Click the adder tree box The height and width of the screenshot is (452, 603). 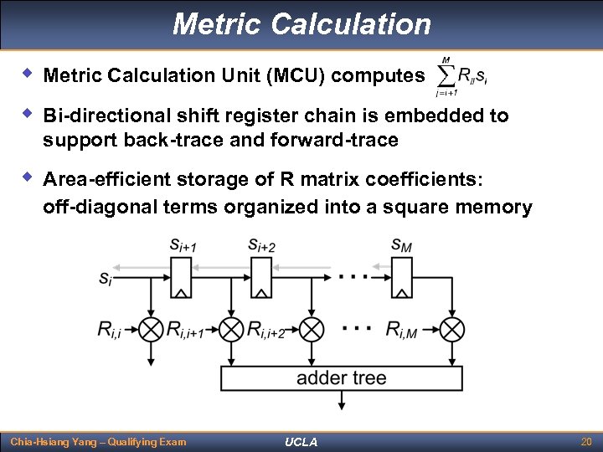tap(341, 378)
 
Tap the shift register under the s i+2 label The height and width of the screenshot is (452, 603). tap(262, 277)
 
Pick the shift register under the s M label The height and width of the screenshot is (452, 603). tap(401, 277)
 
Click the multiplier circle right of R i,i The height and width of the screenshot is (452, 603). tap(151, 329)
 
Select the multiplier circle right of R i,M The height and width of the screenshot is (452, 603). tap(452, 329)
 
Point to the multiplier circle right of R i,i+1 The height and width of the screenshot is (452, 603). tap(231, 329)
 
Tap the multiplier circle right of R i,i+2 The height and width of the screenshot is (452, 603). tap(312, 329)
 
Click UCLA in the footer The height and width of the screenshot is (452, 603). tap(301, 441)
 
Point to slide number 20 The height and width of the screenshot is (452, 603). tap(585, 441)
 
